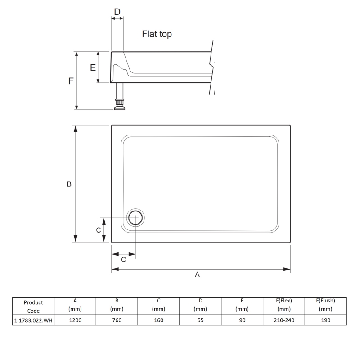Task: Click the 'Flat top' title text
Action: (157, 34)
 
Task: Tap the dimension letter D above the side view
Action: (117, 12)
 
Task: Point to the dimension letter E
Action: (93, 67)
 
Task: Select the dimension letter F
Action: (71, 81)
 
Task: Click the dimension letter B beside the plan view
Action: (69, 184)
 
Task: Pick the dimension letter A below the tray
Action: (197, 274)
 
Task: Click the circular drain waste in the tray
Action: (135, 218)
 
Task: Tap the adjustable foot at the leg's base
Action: (120, 105)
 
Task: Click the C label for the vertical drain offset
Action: (99, 230)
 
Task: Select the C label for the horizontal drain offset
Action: (123, 260)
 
